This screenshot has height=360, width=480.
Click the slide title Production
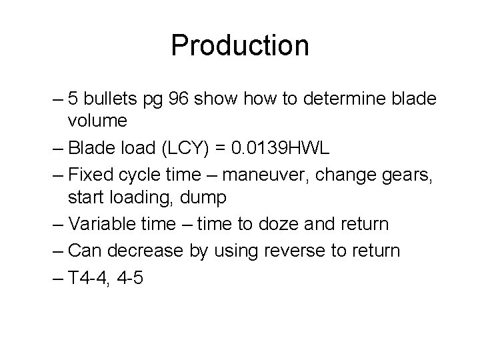[240, 45]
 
